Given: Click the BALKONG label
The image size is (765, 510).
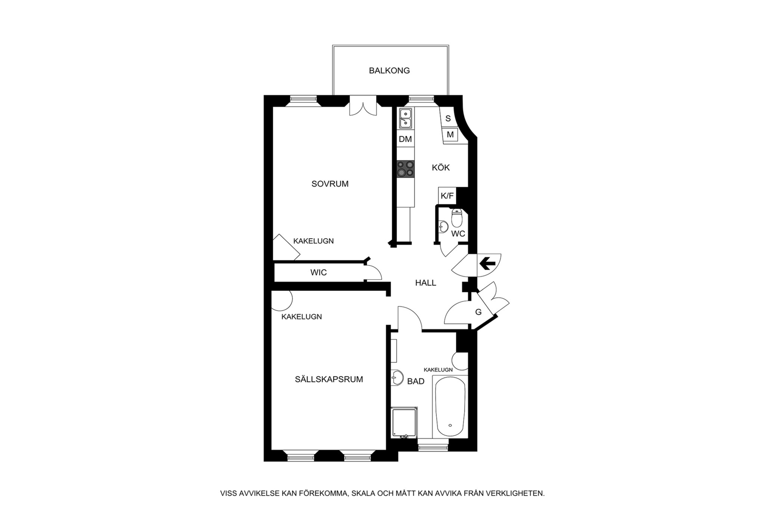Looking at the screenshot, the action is click(389, 71).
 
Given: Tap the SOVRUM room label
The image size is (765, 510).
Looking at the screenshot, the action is click(330, 184).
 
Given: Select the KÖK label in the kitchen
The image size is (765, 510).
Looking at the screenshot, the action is click(441, 167).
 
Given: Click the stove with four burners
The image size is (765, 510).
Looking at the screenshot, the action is click(406, 169).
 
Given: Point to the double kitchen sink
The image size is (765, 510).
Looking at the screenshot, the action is click(405, 118).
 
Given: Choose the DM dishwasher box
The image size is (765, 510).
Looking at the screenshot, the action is click(405, 139).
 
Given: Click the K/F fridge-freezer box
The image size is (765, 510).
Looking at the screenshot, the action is click(447, 196).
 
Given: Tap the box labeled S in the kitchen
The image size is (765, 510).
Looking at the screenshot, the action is click(448, 118).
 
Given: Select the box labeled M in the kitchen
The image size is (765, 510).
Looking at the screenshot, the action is click(450, 135).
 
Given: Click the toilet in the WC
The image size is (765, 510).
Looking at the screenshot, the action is click(457, 218).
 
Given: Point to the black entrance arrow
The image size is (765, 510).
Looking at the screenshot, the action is click(487, 264).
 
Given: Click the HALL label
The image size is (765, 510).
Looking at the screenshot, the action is click(425, 283).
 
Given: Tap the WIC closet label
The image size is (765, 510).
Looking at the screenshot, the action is click(318, 272).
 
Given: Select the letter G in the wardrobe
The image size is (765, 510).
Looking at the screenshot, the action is click(478, 312).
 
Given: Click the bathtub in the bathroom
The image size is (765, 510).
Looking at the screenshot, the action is click(450, 407).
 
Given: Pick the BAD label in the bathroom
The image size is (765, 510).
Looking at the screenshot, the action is click(416, 381).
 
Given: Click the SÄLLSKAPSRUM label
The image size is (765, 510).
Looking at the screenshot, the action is click(329, 379).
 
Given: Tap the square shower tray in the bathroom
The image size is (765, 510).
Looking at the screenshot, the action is click(404, 423).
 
